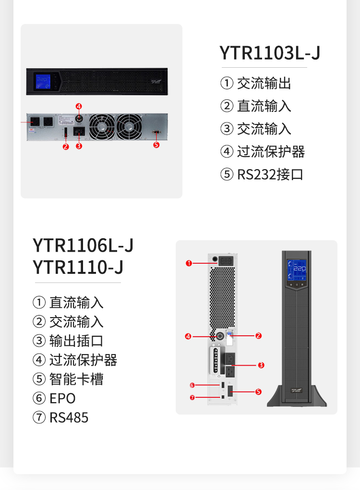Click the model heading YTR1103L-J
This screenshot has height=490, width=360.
[x=270, y=53]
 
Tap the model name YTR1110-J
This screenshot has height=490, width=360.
[x=78, y=267]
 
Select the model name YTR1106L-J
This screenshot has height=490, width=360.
[x=83, y=245]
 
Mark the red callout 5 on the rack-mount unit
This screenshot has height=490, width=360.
[x=156, y=145]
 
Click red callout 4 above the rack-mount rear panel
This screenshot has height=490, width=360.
[x=79, y=106]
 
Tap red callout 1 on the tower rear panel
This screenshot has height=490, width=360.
[x=189, y=263]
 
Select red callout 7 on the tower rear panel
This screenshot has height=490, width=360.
[x=192, y=397]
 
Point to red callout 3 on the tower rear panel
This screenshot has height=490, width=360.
[x=261, y=365]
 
